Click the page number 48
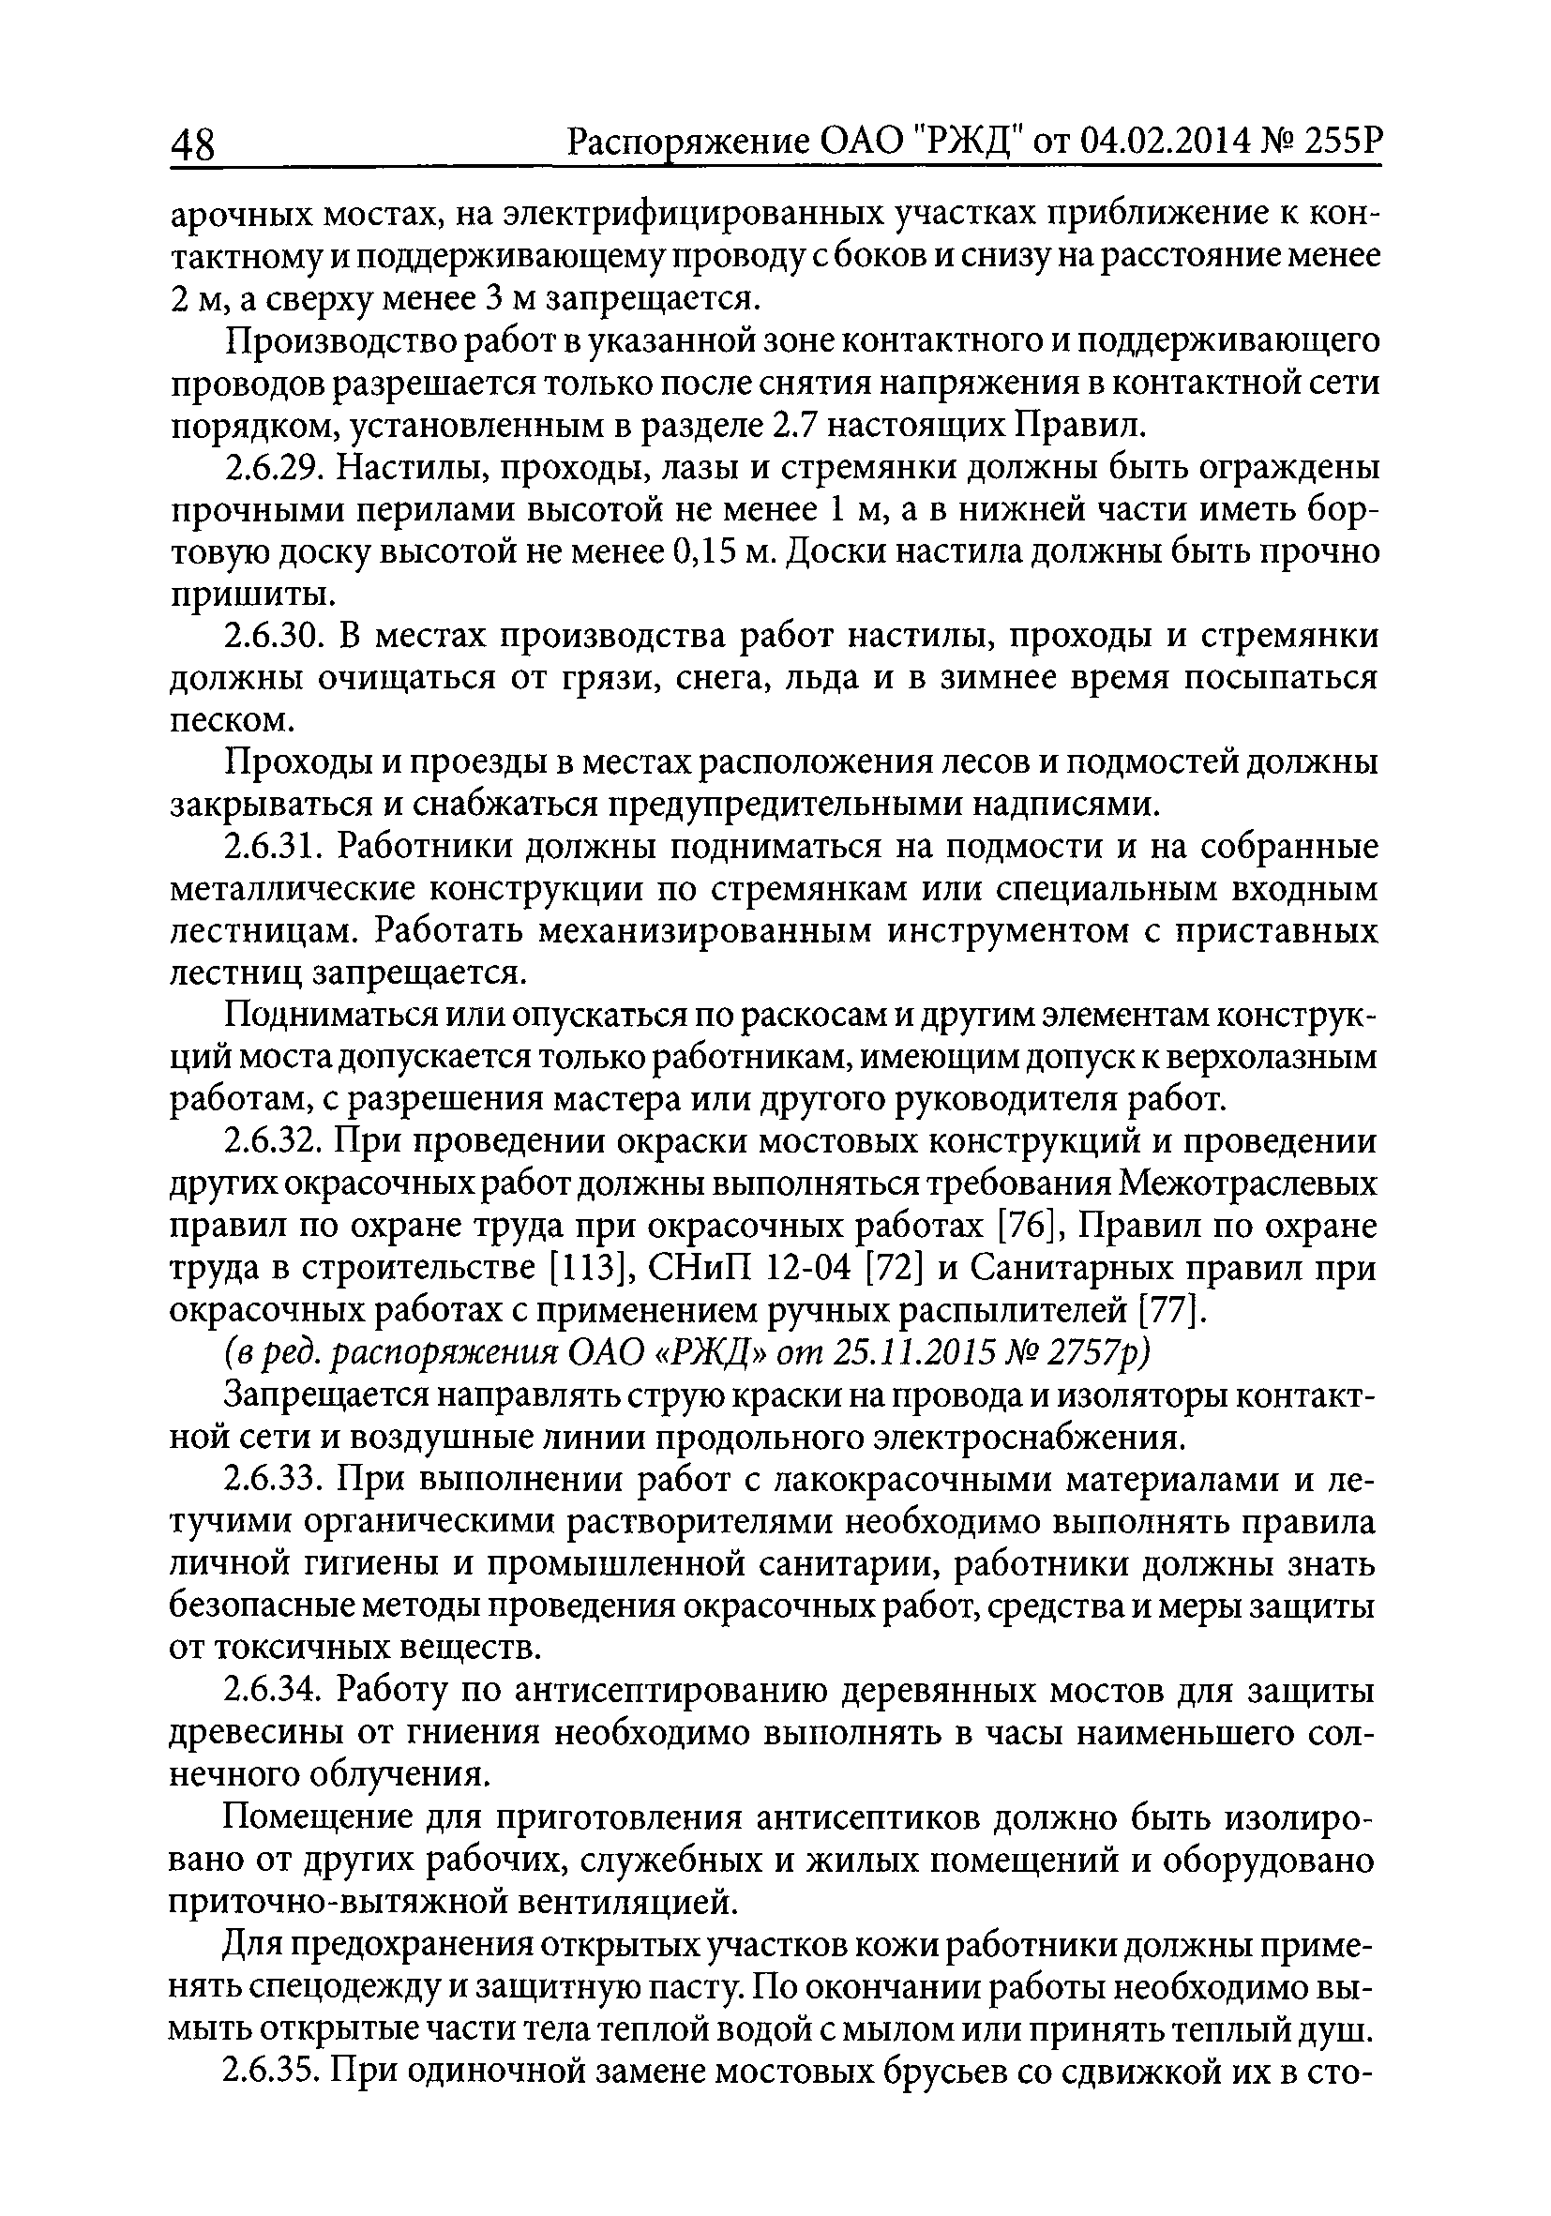(196, 147)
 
